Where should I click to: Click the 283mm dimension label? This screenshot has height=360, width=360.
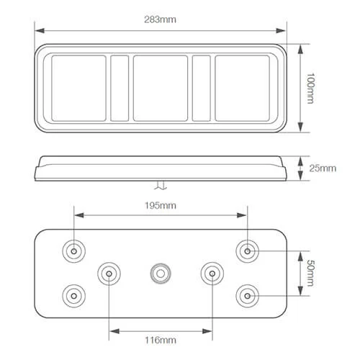[x=160, y=19]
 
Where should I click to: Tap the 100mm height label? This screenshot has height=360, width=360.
[x=310, y=88]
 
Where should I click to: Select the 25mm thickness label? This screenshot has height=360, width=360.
[x=323, y=168]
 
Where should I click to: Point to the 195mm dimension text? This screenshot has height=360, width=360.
[x=161, y=205]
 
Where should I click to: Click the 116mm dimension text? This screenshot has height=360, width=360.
[x=161, y=340]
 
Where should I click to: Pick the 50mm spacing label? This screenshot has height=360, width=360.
[x=310, y=274]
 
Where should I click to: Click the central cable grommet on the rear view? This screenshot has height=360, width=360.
[x=161, y=274]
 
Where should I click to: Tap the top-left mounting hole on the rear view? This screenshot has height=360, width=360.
[x=74, y=251]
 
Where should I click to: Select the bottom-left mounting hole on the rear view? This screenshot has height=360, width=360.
[x=74, y=296]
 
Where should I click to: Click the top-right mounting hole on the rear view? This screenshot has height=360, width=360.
[x=248, y=251]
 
